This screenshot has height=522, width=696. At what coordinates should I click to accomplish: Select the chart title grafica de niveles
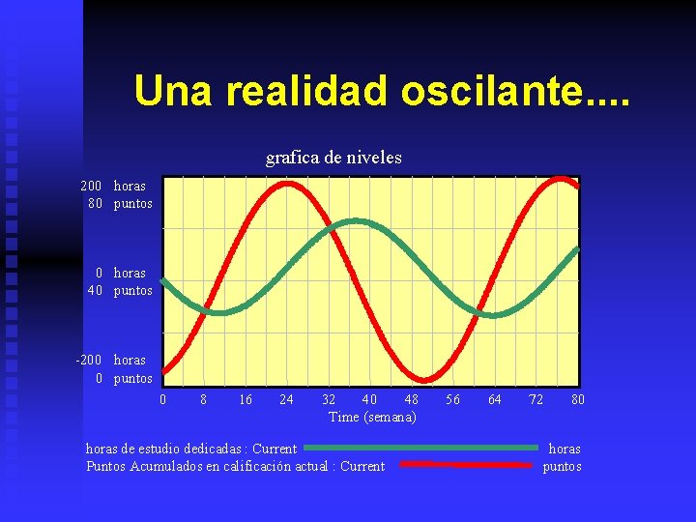pyautogui.click(x=333, y=157)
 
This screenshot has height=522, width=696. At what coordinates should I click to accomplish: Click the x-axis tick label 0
pyautogui.click(x=162, y=399)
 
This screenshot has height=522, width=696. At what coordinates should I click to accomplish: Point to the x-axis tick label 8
pyautogui.click(x=202, y=399)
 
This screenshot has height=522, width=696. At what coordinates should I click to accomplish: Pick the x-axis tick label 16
pyautogui.click(x=246, y=399)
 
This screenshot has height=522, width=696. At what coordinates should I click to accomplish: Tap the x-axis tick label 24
pyautogui.click(x=287, y=399)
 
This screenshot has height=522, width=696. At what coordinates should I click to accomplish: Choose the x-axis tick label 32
pyautogui.click(x=329, y=399)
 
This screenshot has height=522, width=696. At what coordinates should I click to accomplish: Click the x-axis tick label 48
pyautogui.click(x=412, y=399)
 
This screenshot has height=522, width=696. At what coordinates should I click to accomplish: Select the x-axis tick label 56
pyautogui.click(x=453, y=399)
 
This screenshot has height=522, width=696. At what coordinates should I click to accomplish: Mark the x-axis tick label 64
pyautogui.click(x=495, y=399)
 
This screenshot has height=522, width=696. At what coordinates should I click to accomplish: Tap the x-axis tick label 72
pyautogui.click(x=536, y=399)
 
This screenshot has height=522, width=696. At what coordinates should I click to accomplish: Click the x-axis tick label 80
pyautogui.click(x=577, y=399)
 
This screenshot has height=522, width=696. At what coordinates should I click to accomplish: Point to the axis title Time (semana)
pyautogui.click(x=372, y=417)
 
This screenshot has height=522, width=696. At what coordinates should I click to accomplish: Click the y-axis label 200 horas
pyautogui.click(x=114, y=186)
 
